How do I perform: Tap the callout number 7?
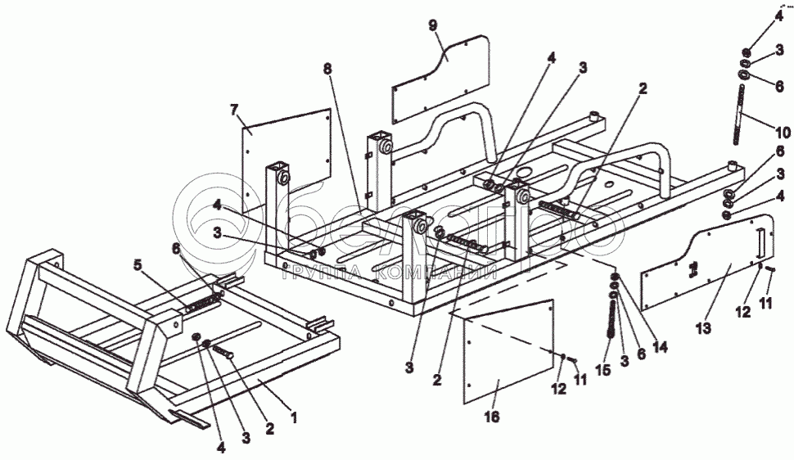coord(234,109)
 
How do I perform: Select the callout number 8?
coord(328,70)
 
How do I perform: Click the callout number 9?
coord(434,24)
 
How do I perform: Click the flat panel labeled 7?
coord(286,151)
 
